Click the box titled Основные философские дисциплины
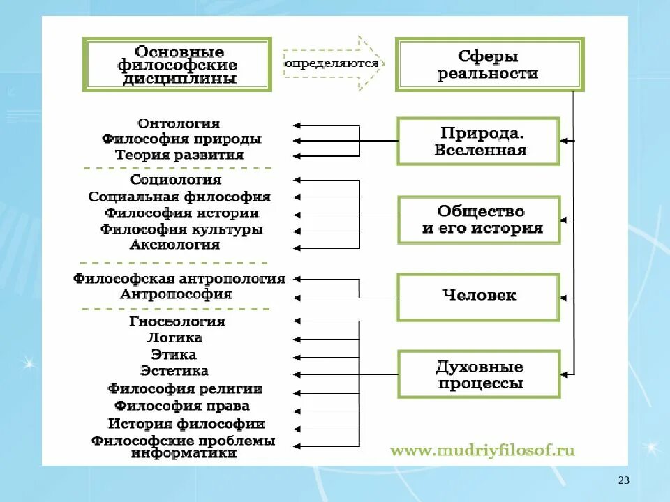pyautogui.click(x=177, y=65)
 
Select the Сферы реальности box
pyautogui.click(x=489, y=65)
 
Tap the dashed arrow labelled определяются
pyautogui.click(x=332, y=63)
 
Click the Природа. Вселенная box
pyautogui.click(x=479, y=141)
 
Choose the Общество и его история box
pyautogui.click(x=479, y=220)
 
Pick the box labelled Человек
pyautogui.click(x=479, y=296)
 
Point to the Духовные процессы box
pyautogui.click(x=479, y=374)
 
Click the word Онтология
pyautogui.click(x=179, y=123)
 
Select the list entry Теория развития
pyautogui.click(x=179, y=155)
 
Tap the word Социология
pyautogui.click(x=176, y=181)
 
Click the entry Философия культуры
pyautogui.click(x=181, y=229)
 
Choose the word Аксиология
pyautogui.click(x=175, y=245)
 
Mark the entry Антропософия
pyautogui.click(x=176, y=294)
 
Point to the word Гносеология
pyautogui.click(x=177, y=321)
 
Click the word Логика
pyautogui.click(x=175, y=337)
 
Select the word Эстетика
pyautogui.click(x=174, y=371)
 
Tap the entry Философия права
pyautogui.click(x=182, y=406)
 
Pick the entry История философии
pyautogui.click(x=186, y=423)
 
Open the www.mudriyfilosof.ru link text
pyautogui.click(x=482, y=450)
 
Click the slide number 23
pyautogui.click(x=624, y=480)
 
